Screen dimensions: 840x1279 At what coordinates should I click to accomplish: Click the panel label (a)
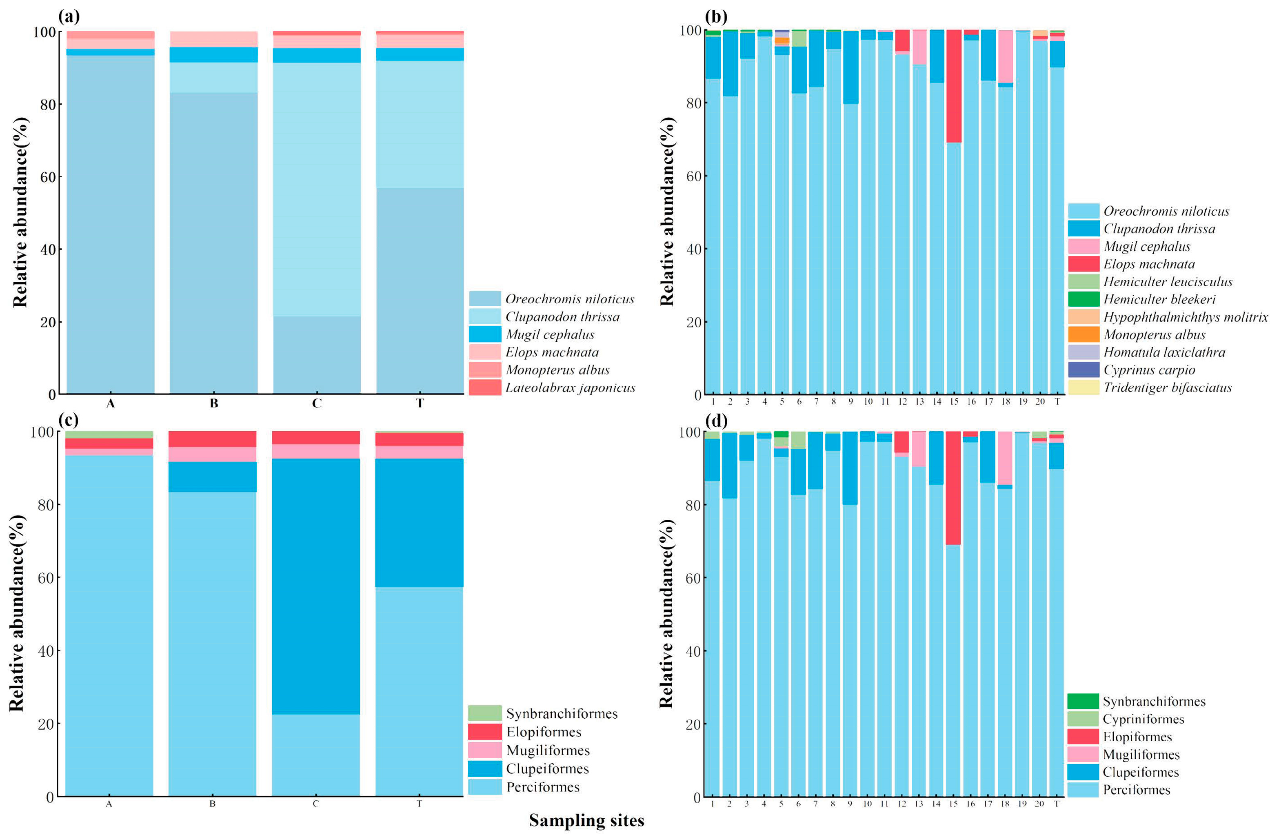click(x=69, y=16)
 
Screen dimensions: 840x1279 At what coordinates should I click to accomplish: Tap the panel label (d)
click(x=716, y=420)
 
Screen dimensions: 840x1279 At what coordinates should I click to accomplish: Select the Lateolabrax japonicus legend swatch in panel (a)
click(x=485, y=388)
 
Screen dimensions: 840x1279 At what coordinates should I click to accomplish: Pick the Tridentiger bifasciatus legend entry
click(x=1167, y=388)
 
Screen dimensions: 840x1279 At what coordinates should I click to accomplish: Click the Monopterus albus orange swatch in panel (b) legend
click(x=1084, y=334)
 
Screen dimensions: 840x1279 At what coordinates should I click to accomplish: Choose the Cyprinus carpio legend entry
click(x=1149, y=370)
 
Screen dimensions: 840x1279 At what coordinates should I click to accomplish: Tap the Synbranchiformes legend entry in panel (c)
click(x=562, y=714)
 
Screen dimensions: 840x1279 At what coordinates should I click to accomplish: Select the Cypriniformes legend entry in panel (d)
click(x=1143, y=719)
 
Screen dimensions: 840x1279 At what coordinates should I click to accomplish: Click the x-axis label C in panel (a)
click(x=317, y=403)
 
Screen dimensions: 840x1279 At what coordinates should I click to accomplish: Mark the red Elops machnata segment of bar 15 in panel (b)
click(x=954, y=86)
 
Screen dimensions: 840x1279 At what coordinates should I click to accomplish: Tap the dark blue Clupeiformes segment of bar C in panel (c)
click(x=316, y=586)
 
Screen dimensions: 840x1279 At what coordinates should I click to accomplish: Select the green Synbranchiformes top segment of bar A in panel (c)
click(x=109, y=434)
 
